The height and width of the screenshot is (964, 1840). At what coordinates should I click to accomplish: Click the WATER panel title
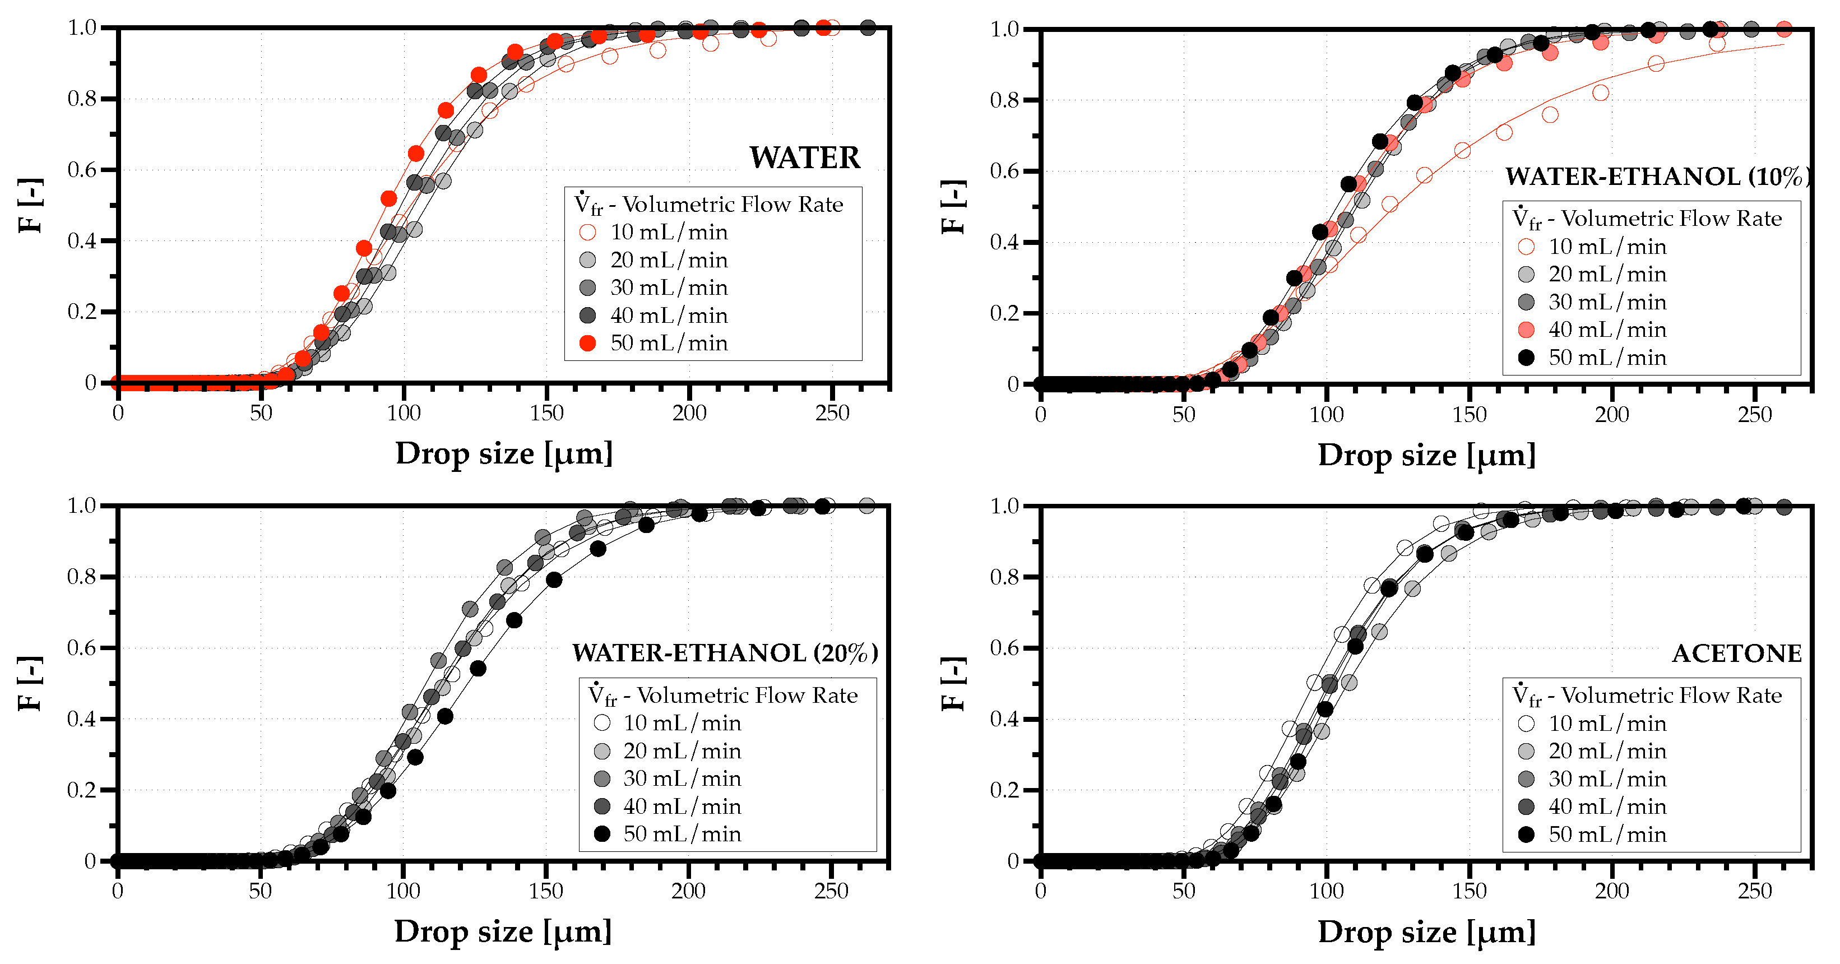804,158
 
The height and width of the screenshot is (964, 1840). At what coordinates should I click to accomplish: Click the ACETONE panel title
1736,654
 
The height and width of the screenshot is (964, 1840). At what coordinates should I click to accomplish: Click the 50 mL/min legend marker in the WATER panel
587,344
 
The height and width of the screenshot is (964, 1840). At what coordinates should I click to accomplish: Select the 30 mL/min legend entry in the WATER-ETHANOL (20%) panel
682,778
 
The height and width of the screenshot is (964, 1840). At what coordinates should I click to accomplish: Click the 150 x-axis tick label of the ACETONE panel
1470,891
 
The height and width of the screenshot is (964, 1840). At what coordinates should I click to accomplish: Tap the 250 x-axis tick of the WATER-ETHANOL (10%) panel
1754,415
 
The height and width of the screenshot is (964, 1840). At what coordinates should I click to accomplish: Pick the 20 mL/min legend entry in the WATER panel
669,260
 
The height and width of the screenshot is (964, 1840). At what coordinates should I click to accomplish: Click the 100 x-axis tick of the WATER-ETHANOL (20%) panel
403,891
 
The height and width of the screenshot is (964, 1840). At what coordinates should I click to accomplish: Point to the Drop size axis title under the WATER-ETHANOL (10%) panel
1426,456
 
